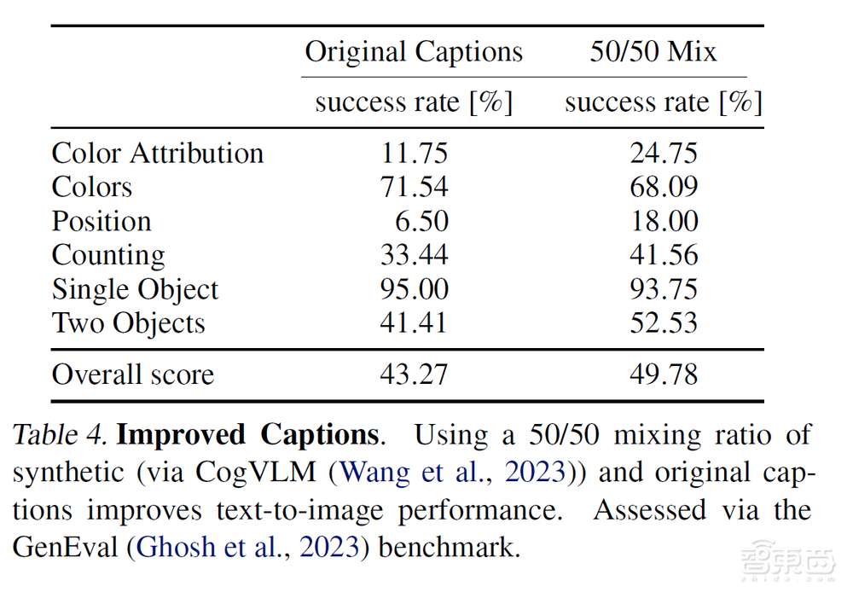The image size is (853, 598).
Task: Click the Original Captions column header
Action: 414,52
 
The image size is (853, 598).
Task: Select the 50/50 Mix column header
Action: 653,52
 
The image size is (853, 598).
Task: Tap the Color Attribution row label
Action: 158,154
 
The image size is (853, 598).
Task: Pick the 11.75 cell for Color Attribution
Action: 414,154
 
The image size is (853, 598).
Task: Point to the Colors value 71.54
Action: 414,188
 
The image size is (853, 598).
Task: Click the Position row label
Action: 102,222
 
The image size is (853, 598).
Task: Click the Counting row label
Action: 108,256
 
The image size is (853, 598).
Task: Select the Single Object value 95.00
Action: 414,289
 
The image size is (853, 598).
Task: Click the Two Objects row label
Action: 128,323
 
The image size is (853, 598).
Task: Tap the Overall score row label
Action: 132,374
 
